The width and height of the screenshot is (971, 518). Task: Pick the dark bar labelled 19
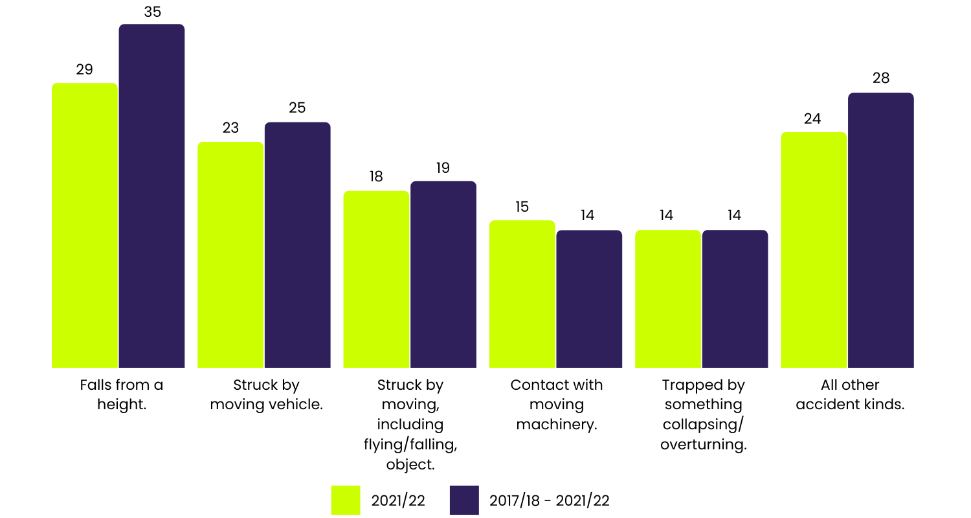[x=443, y=275]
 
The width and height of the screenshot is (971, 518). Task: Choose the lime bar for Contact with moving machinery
[x=522, y=294]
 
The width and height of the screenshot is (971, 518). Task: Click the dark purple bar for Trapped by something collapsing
[x=735, y=298]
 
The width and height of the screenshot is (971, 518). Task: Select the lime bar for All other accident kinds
[x=814, y=250]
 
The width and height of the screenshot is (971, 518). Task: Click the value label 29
[x=84, y=69]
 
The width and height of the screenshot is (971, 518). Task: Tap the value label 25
[x=297, y=108]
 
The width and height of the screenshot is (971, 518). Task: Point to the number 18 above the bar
[x=376, y=177]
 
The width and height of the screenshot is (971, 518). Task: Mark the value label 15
[x=522, y=207]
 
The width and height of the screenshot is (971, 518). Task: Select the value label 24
[x=812, y=118]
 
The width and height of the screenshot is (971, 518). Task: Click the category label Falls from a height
[x=121, y=394]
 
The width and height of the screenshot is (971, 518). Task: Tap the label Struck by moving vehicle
[x=266, y=394]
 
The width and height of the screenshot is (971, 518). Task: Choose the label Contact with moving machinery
[x=557, y=404]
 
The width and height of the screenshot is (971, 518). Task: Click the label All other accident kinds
[x=850, y=394]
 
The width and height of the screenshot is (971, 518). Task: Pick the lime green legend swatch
[x=346, y=500]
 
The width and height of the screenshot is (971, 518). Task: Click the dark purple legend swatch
[x=464, y=500]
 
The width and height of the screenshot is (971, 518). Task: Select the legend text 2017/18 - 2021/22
[x=550, y=501]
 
